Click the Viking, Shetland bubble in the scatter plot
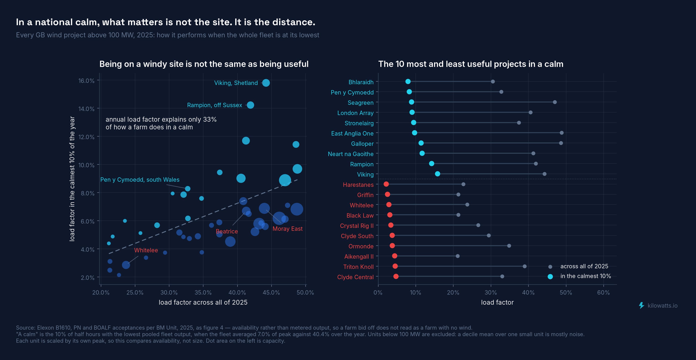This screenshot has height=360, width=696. pyautogui.click(x=266, y=83)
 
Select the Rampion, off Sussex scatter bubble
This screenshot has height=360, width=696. pyautogui.click(x=251, y=105)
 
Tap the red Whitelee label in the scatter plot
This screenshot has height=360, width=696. pyautogui.click(x=146, y=250)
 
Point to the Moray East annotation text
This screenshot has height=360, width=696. pyautogui.click(x=288, y=229)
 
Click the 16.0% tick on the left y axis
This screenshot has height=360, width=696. pyautogui.click(x=86, y=81)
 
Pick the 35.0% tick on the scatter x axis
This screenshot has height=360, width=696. pyautogui.click(x=203, y=293)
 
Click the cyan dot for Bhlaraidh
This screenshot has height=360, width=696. pyautogui.click(x=408, y=82)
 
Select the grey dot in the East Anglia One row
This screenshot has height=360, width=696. pyautogui.click(x=562, y=133)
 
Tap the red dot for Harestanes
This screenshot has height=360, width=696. pyautogui.click(x=386, y=184)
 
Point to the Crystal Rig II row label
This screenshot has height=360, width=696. pyautogui.click(x=357, y=226)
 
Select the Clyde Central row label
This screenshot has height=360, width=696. pyautogui.click(x=355, y=277)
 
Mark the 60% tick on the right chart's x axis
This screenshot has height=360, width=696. pyautogui.click(x=603, y=293)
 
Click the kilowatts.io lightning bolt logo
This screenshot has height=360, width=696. pyautogui.click(x=641, y=305)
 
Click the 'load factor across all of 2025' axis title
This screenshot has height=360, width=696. pyautogui.click(x=203, y=302)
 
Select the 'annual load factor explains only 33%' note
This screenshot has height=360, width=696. pyautogui.click(x=161, y=123)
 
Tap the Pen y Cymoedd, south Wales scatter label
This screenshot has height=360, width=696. pyautogui.click(x=140, y=180)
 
